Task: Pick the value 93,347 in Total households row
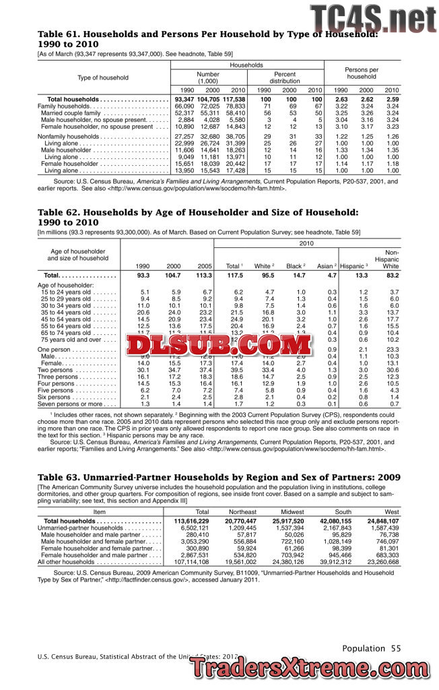184,100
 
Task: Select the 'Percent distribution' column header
290,77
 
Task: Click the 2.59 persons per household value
392,100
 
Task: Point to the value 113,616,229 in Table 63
192,521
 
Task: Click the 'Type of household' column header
103,78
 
